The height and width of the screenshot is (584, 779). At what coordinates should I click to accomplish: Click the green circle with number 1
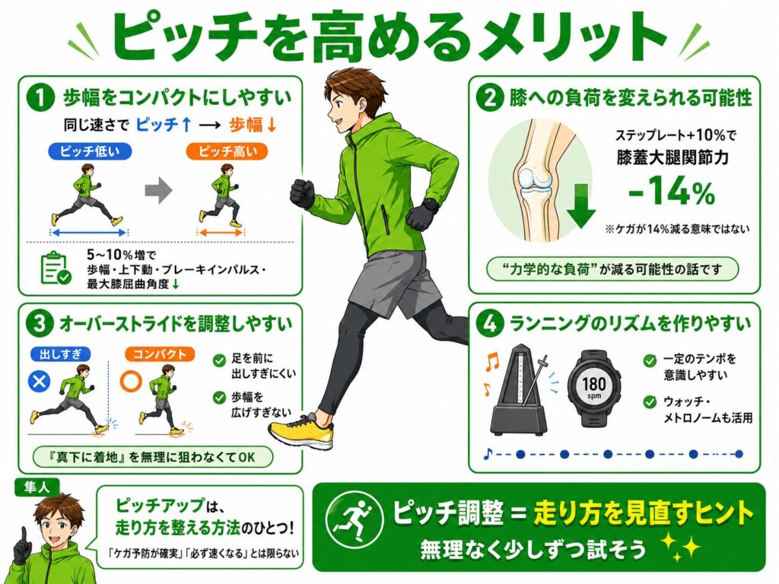click(x=40, y=97)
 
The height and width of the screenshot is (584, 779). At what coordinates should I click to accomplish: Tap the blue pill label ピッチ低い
click(x=90, y=151)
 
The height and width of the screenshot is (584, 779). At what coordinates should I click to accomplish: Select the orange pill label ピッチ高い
click(x=227, y=151)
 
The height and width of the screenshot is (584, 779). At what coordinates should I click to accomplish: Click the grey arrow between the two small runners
click(x=158, y=190)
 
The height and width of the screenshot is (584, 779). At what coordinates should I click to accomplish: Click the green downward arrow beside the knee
click(x=581, y=205)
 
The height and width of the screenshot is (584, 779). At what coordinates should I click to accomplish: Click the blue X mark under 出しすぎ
click(x=40, y=382)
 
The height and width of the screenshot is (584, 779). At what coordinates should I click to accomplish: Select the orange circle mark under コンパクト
click(x=131, y=382)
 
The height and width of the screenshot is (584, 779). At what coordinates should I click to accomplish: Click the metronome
click(x=520, y=395)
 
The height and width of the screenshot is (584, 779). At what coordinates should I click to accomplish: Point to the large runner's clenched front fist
click(x=302, y=192)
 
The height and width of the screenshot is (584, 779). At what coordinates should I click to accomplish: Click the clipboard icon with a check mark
click(x=55, y=268)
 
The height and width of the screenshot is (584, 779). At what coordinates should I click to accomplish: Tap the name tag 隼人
click(x=37, y=487)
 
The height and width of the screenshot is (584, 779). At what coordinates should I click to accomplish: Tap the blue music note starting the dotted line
click(x=488, y=453)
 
